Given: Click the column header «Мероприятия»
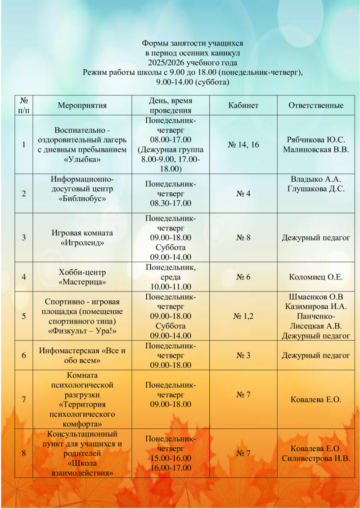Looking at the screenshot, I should pos(82,106).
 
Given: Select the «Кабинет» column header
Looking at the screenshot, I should pos(243,106).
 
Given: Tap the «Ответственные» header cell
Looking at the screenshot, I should pos(316,106).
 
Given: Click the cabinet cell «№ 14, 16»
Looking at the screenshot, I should pos(243,145).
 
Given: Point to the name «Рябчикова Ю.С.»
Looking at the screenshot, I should pos(316,140).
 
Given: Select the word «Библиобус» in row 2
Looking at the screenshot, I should pos(82,198).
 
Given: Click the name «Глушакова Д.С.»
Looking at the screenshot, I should pos(316,189).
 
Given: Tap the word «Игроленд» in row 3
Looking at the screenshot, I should pos(82,243).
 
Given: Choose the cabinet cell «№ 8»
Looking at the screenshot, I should pos(243,238).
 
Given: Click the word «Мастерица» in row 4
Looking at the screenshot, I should pos(82,282).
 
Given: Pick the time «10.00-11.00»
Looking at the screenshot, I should pos(171,287).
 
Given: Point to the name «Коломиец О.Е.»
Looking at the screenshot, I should pos(316,277).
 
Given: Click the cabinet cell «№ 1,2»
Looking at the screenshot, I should pos(243,316).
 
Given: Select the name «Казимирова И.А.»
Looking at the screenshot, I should pos(316,306).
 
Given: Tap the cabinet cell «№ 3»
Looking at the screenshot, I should pos(243,356).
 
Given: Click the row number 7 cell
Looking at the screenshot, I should pos(23,399).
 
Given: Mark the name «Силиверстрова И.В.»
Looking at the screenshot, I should pos(316,458).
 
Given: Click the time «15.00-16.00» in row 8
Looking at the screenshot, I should pos(171,458).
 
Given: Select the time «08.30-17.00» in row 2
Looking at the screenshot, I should pos(171,203).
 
